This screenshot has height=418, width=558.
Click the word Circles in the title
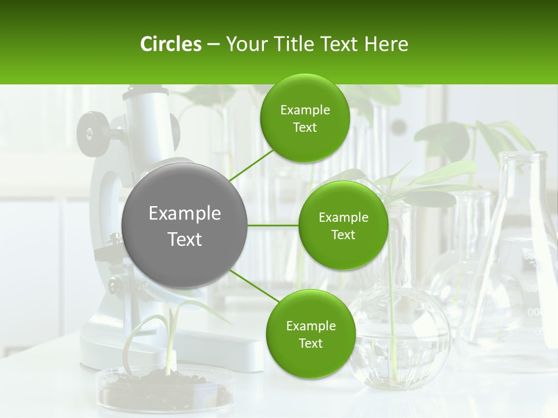tap(171, 44)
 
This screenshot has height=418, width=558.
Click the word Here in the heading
tap(386, 44)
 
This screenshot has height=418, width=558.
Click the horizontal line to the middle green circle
tap(273, 225)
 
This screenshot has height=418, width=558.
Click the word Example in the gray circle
tap(185, 214)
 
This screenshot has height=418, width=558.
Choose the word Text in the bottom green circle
tap(310, 343)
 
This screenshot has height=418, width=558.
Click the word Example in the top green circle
tap(305, 110)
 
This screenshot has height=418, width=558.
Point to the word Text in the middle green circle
tap(343, 235)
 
